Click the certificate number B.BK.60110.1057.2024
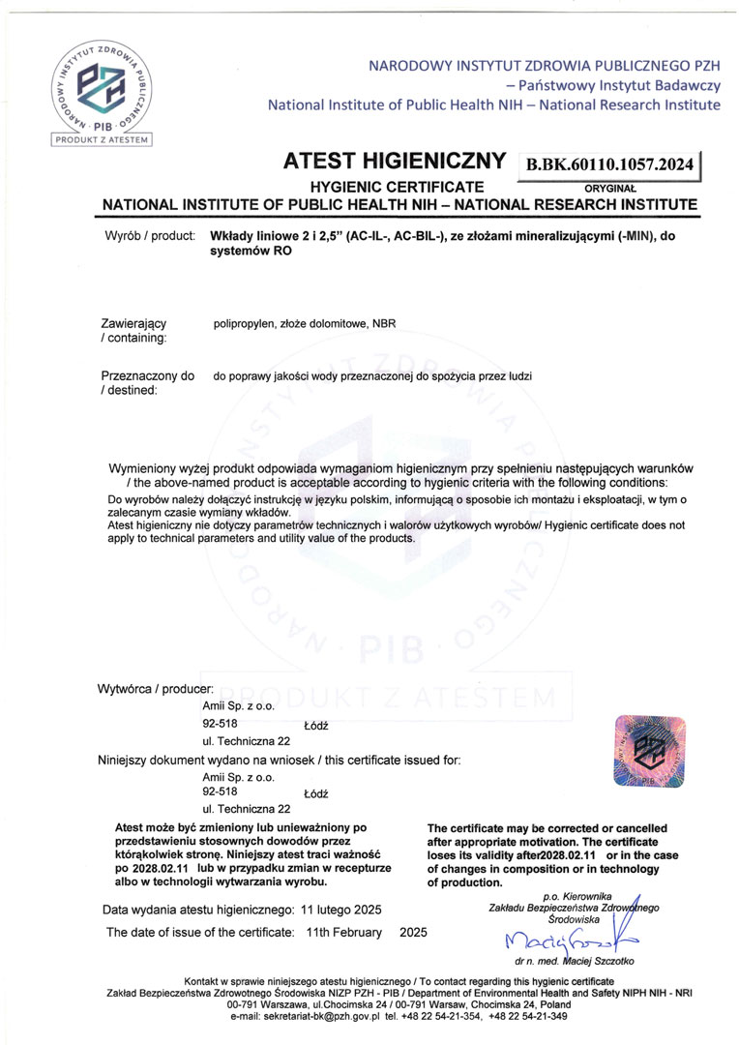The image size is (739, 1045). click(609, 165)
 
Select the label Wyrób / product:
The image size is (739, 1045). click(148, 235)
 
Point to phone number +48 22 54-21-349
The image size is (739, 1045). click(528, 1016)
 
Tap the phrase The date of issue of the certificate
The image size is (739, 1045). click(200, 932)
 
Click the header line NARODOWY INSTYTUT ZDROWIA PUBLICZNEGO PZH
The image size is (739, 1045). click(544, 66)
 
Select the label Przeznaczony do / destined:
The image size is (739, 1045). click(147, 382)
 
